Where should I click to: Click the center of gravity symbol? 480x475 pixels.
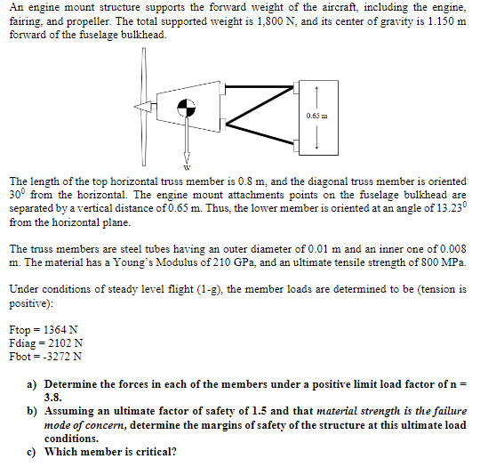186,108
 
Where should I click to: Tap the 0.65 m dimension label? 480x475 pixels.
316,116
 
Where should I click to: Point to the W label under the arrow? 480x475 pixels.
187,167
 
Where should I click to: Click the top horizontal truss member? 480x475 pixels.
260,86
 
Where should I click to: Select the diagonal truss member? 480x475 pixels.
260,106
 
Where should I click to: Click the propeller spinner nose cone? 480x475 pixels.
142,107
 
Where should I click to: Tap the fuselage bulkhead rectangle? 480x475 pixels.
318,118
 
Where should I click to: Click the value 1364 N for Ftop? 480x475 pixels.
60,330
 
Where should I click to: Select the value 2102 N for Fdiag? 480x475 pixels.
65,343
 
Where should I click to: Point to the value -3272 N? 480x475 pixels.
62,357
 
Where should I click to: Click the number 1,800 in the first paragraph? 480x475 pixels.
268,21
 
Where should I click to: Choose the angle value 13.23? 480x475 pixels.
448,208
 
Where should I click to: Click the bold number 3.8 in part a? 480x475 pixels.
52,398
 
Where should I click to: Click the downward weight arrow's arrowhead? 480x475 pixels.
187,158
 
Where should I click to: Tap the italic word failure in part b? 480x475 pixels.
451,411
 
